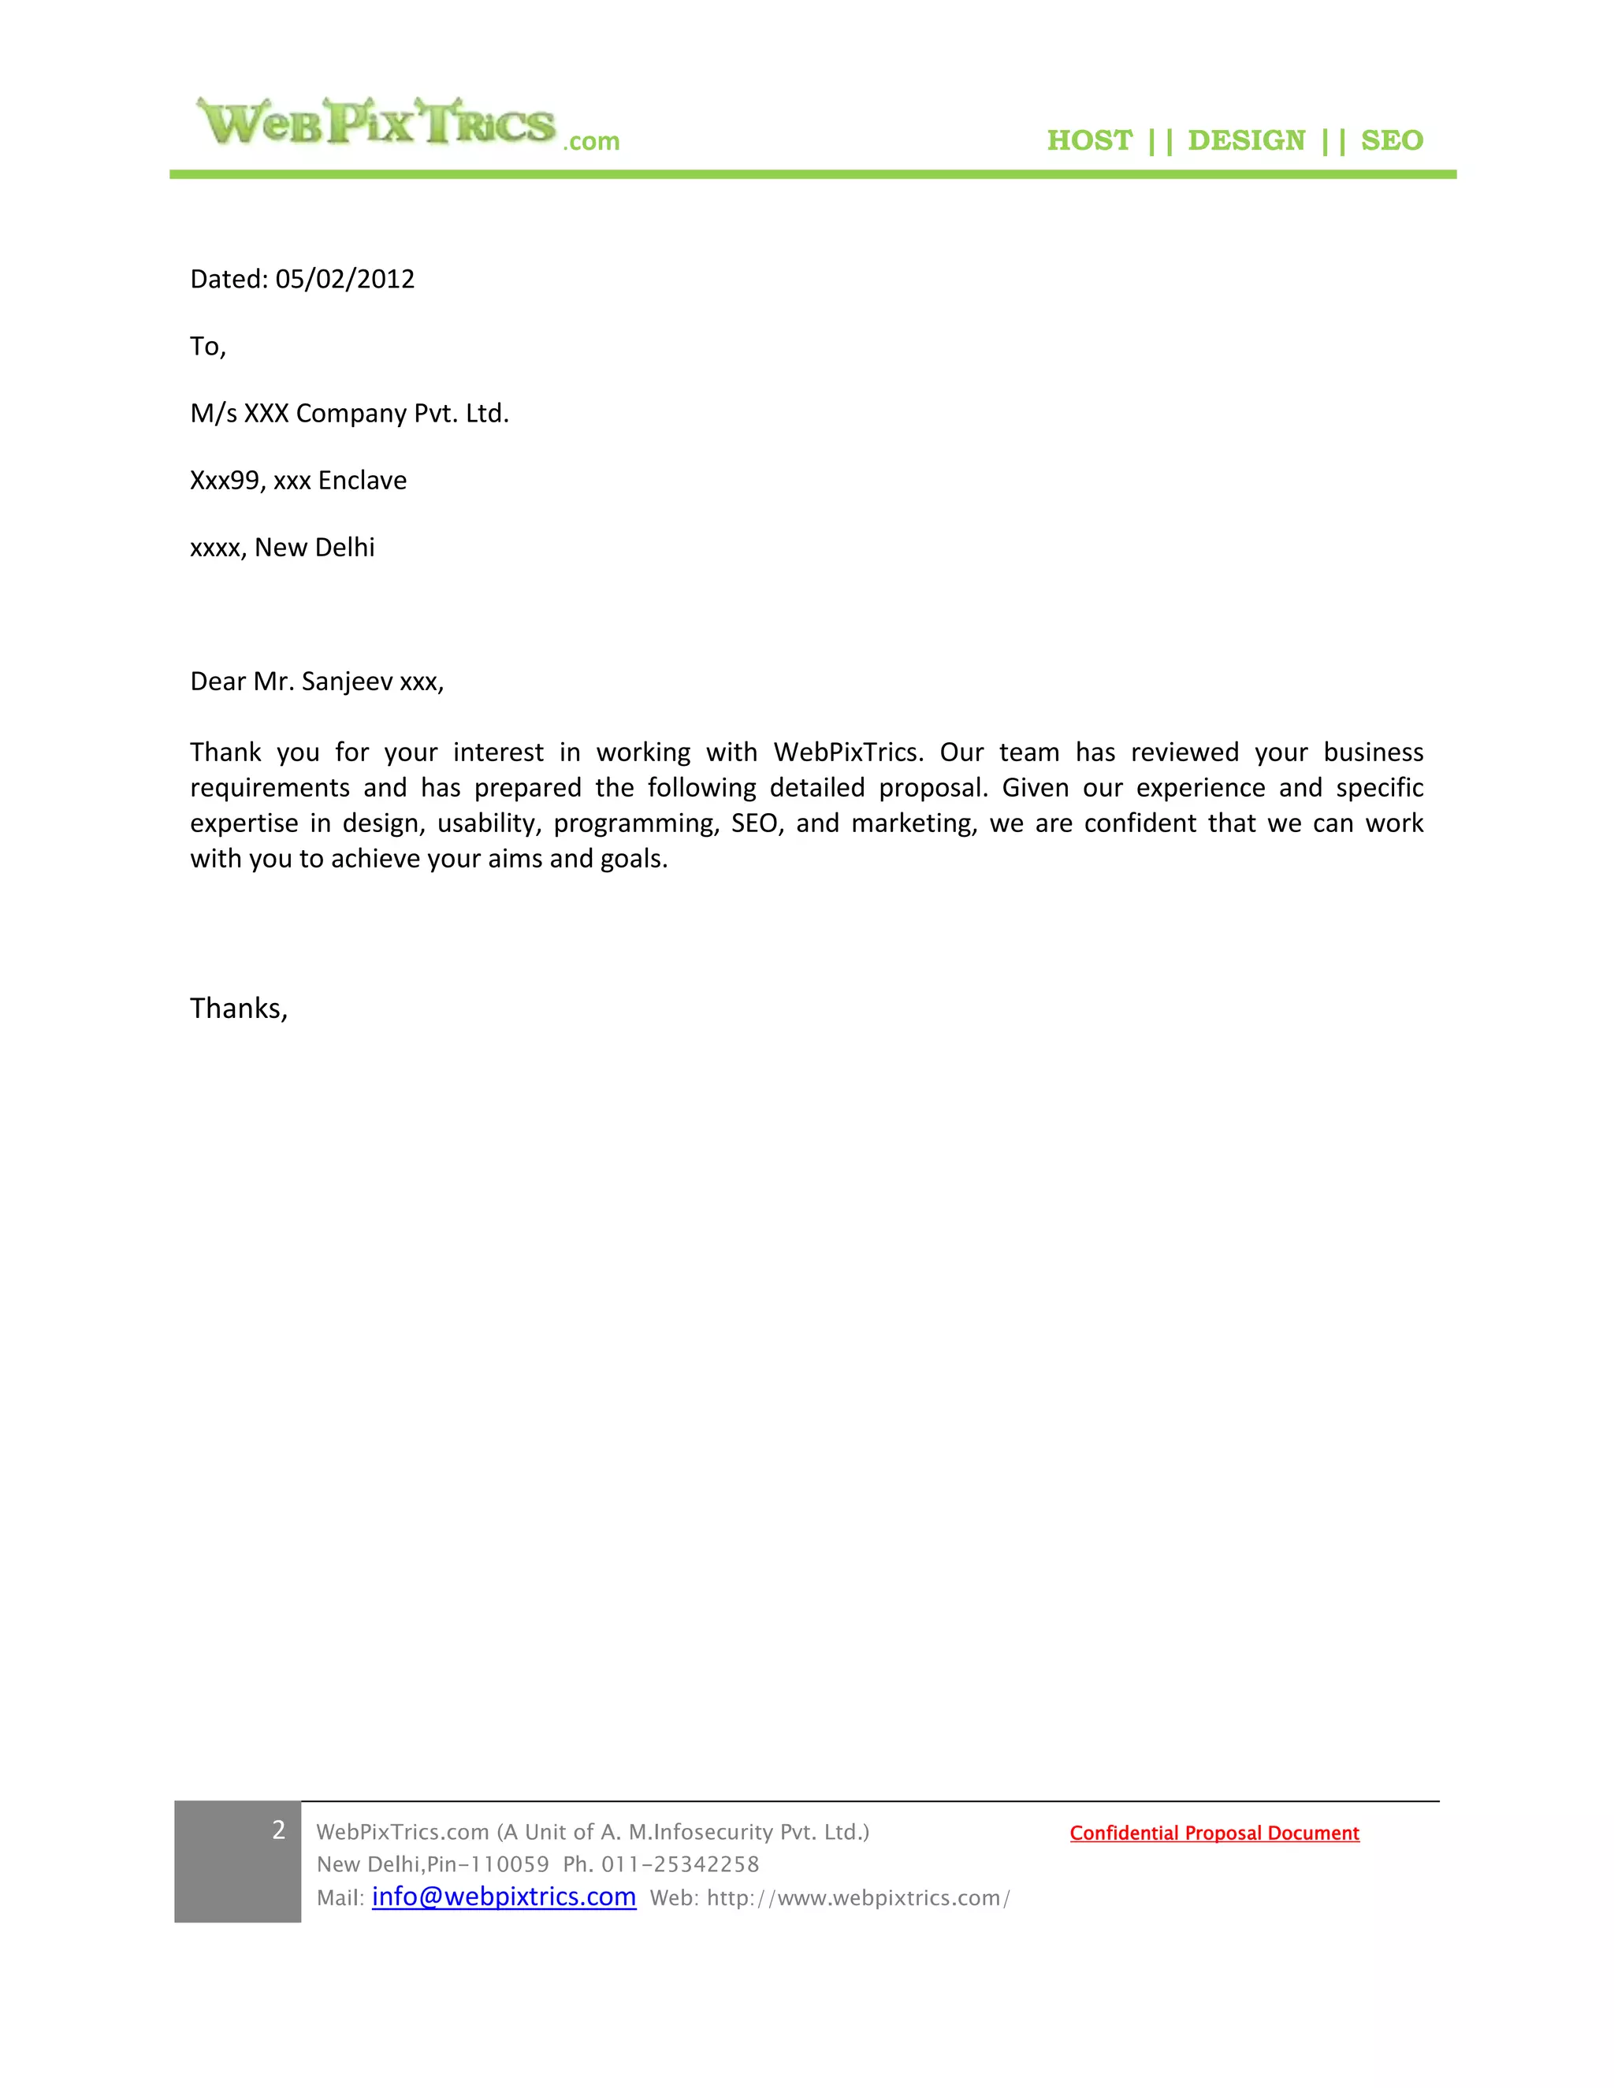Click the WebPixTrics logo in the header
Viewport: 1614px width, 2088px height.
point(407,124)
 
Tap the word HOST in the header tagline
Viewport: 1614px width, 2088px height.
point(1089,140)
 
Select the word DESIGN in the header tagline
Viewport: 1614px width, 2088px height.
point(1246,140)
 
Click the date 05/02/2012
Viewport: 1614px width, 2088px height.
point(344,279)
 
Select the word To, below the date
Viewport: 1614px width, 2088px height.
point(207,346)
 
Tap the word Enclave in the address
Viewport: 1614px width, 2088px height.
point(362,480)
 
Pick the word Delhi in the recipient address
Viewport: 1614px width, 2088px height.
point(344,547)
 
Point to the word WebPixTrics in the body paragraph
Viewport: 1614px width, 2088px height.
point(847,752)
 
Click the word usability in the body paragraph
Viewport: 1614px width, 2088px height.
point(489,823)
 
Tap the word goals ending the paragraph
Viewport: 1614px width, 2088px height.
point(632,859)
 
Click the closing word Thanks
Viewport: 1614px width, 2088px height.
point(238,1009)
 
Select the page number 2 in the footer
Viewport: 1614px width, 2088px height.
point(278,1830)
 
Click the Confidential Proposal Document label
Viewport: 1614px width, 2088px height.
point(1214,1833)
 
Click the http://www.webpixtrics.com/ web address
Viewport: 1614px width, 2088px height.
point(857,1898)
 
